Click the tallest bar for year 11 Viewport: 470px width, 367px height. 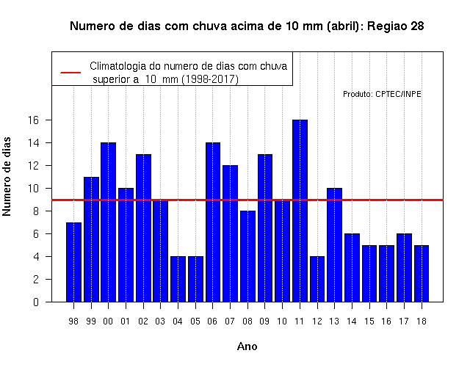(300, 211)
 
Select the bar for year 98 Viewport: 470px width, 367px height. (73, 262)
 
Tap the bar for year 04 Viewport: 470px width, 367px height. (178, 279)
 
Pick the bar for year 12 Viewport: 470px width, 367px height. (317, 279)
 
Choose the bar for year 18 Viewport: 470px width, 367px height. (422, 274)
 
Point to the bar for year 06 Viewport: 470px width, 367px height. (213, 222)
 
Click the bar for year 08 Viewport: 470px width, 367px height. (247, 256)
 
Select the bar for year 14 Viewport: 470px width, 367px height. (352, 268)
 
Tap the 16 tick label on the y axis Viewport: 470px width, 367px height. (33, 120)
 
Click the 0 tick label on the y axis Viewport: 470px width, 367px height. (36, 302)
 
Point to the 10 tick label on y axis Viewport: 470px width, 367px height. (33, 189)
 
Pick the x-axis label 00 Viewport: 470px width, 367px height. (108, 321)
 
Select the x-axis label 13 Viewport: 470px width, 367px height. (334, 321)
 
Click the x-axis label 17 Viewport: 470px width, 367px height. (404, 321)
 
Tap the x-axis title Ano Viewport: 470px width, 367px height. (247, 346)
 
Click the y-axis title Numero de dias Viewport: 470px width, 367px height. (7, 177)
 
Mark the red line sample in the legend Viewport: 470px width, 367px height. (70, 73)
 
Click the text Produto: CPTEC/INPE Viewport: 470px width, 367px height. (382, 94)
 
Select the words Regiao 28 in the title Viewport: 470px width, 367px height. (396, 26)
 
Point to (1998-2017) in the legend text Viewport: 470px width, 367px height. (210, 79)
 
